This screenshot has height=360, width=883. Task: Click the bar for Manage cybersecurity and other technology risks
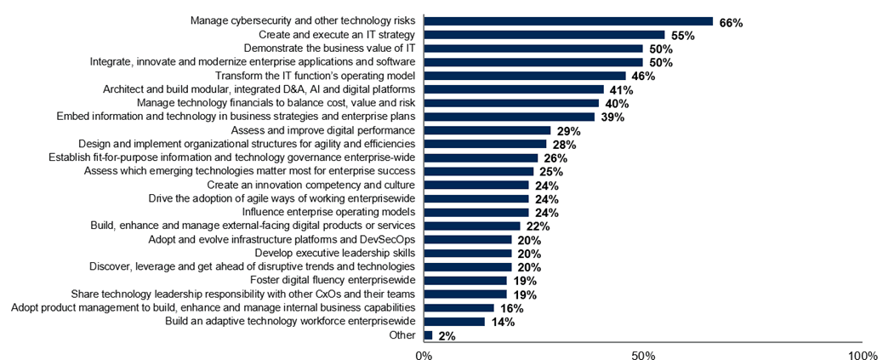(x=567, y=21)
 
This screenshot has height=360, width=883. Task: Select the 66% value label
(x=730, y=22)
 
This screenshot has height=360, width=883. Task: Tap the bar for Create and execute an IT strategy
(x=544, y=35)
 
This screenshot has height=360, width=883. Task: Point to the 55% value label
(x=682, y=36)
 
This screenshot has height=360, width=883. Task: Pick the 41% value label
(x=621, y=90)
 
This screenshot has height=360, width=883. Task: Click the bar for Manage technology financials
(x=511, y=103)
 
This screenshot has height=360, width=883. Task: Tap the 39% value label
(x=612, y=117)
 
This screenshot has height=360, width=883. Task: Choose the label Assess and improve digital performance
(x=322, y=130)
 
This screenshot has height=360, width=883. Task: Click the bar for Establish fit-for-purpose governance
(x=481, y=157)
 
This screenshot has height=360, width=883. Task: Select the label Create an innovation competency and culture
(x=310, y=185)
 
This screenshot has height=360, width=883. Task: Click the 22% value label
(x=538, y=226)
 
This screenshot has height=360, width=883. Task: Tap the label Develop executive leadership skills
(x=334, y=253)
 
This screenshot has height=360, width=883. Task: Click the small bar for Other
(x=428, y=334)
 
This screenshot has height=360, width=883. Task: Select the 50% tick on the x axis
(x=642, y=353)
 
